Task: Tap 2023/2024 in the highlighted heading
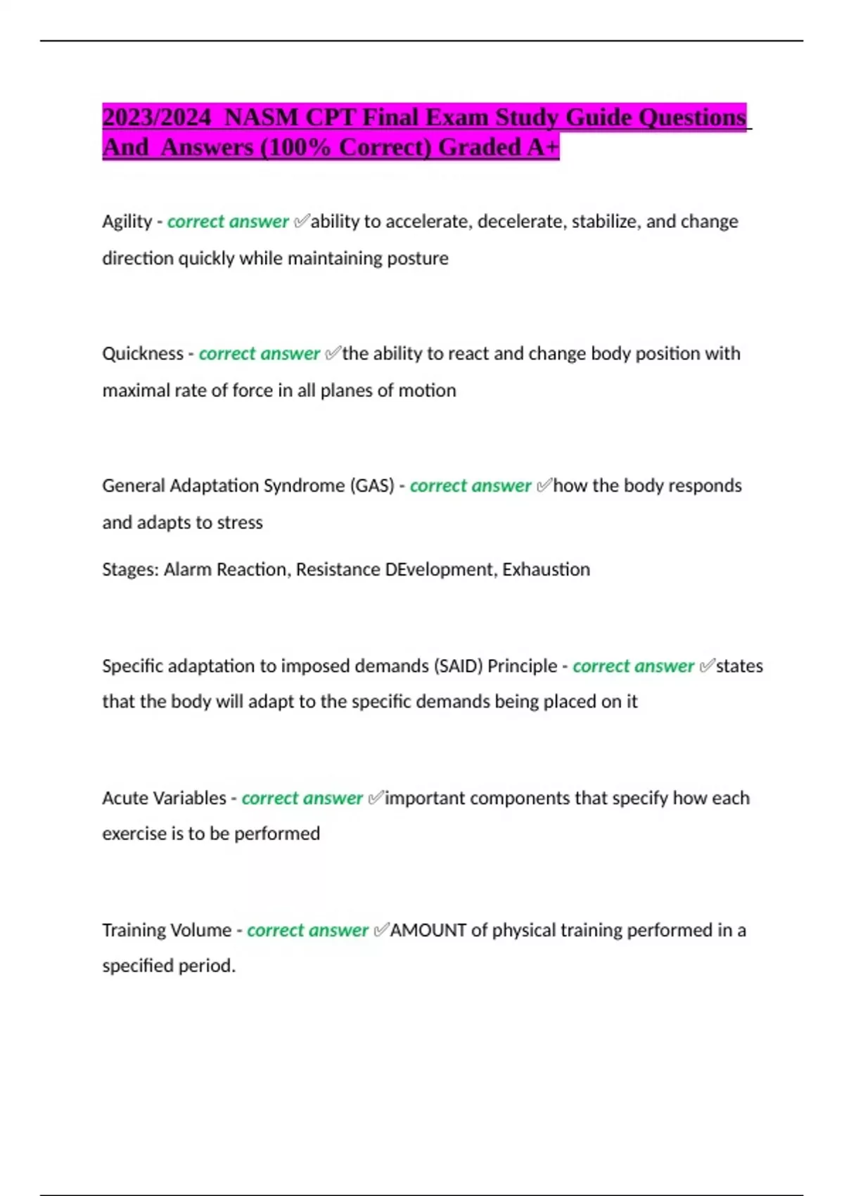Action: (x=156, y=117)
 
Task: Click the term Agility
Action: (x=127, y=222)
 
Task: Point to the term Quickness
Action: (x=143, y=353)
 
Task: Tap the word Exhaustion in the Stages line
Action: (x=546, y=569)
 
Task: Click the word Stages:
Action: (x=130, y=569)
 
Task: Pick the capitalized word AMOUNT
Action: (x=428, y=930)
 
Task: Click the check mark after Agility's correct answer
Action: (x=301, y=222)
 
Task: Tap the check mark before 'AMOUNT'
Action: (x=381, y=930)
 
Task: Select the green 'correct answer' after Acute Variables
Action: (x=302, y=798)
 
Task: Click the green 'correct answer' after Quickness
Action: (x=259, y=353)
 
